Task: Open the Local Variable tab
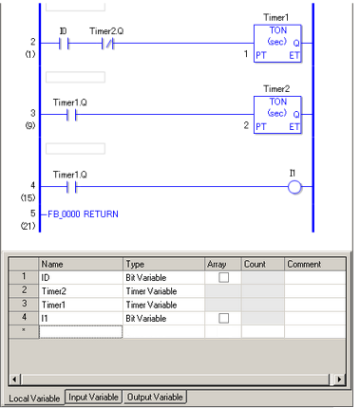(x=32, y=397)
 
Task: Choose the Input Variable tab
(x=94, y=397)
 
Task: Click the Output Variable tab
(x=156, y=397)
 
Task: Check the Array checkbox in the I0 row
(x=223, y=277)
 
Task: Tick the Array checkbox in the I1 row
(x=223, y=318)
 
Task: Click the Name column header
(x=81, y=264)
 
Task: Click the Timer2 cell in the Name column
(x=81, y=290)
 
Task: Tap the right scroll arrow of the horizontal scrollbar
(x=340, y=380)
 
